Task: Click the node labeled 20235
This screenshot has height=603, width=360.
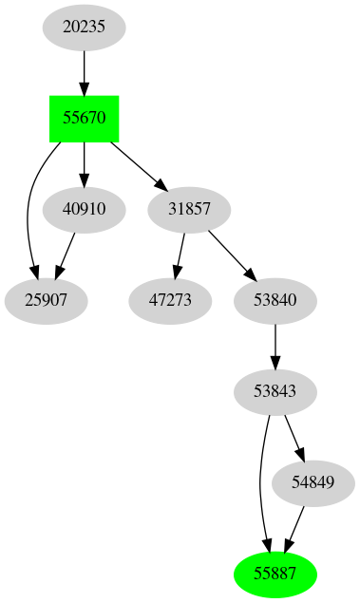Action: (x=84, y=27)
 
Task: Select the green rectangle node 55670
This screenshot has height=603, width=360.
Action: (x=84, y=119)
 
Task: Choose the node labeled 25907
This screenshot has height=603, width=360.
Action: (x=46, y=301)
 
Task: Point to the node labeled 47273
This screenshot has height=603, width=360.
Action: (x=169, y=301)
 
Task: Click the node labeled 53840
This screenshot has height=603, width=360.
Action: (x=275, y=301)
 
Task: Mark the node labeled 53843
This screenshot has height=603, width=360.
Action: (x=275, y=391)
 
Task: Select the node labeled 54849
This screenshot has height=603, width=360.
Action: (x=313, y=482)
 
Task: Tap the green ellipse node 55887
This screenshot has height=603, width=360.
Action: (x=275, y=574)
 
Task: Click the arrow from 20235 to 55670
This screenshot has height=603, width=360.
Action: (x=84, y=71)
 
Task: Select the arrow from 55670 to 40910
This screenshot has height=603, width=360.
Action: (x=84, y=163)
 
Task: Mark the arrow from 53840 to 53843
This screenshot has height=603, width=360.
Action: (x=275, y=346)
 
